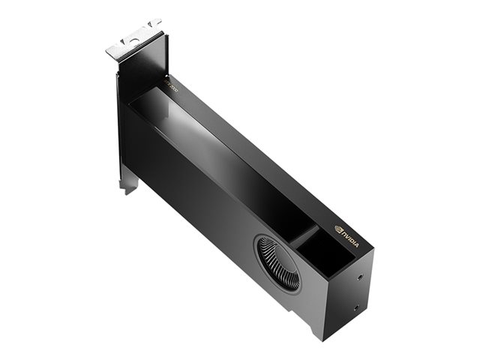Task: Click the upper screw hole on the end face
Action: [x=362, y=276]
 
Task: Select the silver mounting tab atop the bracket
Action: [x=133, y=40]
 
